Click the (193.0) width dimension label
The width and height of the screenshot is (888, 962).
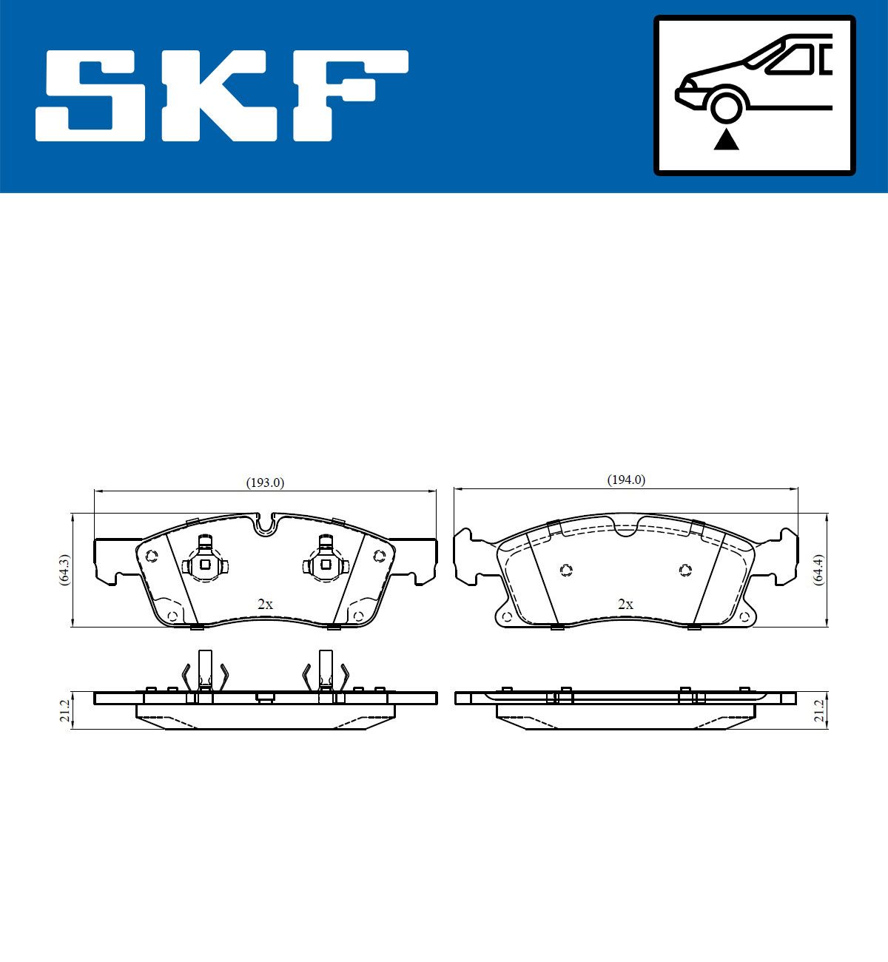click(265, 483)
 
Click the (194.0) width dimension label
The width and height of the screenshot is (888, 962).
click(626, 480)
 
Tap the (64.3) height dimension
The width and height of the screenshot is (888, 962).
click(64, 570)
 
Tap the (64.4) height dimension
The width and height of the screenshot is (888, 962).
click(818, 570)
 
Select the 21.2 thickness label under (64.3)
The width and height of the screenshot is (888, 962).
click(64, 710)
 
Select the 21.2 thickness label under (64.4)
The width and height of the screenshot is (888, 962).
click(818, 710)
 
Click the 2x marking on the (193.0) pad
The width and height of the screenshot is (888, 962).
click(265, 604)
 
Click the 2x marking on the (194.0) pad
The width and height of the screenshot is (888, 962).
click(625, 604)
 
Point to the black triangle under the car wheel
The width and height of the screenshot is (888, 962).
click(726, 140)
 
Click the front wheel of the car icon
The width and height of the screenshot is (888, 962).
click(726, 107)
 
